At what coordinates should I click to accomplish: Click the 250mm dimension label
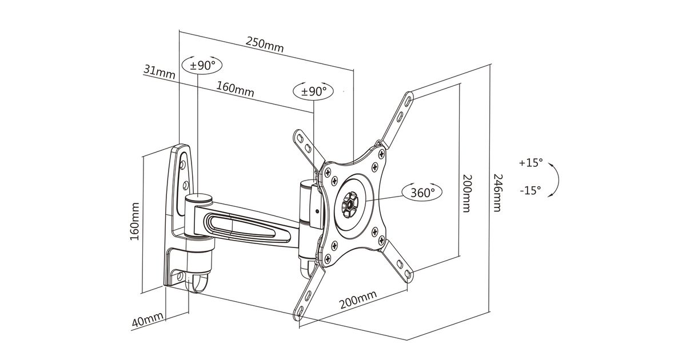point(265,45)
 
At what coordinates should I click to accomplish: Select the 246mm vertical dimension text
point(498,193)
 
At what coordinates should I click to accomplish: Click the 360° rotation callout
point(422,193)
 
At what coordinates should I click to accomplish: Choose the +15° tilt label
point(531,162)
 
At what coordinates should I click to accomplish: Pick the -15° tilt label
point(531,190)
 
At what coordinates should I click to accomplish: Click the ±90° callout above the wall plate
point(202,66)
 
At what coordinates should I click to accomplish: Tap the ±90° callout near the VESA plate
point(313,91)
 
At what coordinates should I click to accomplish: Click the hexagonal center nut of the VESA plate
point(349,205)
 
